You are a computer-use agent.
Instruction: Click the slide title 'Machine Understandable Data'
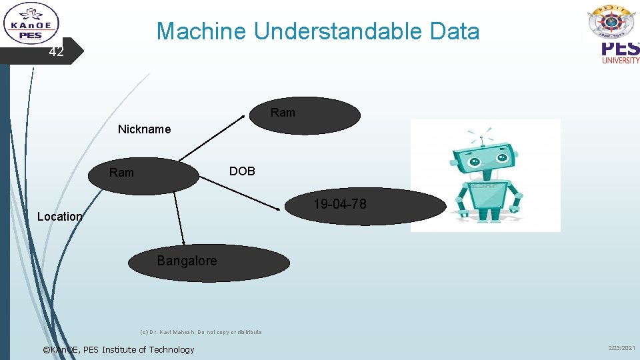[317, 31]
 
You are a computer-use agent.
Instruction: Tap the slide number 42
[57, 52]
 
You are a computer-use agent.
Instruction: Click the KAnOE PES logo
[31, 24]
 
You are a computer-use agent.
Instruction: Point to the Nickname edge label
[144, 129]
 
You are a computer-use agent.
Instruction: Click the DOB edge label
[242, 171]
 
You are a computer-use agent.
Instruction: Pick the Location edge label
[59, 216]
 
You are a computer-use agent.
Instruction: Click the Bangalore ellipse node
[209, 263]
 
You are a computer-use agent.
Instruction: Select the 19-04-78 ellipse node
[365, 205]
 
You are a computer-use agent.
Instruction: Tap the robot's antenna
[483, 135]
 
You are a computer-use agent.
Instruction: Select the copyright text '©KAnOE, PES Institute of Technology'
[118, 349]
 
